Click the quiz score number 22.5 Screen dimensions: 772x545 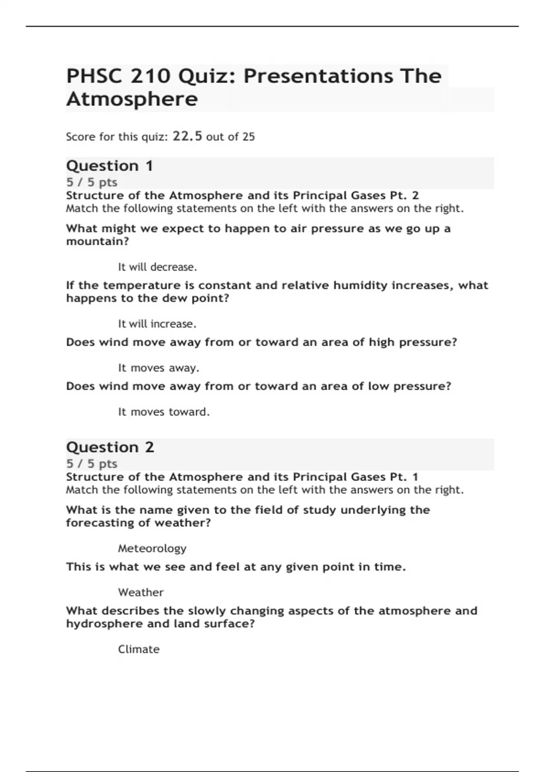pos(187,136)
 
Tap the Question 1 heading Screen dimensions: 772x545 pos(109,166)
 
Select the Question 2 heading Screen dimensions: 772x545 pos(110,447)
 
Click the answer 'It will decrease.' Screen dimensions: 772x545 pos(157,267)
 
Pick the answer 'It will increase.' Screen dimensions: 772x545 pos(157,324)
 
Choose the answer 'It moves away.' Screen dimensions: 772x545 pos(159,368)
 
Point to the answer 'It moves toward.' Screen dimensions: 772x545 pos(163,412)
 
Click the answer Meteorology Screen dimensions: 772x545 pos(152,549)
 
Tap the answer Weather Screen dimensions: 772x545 pos(141,593)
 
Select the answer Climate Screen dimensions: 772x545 pos(139,649)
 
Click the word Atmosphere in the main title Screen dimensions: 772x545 pos(132,99)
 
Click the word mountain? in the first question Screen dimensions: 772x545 pos(98,242)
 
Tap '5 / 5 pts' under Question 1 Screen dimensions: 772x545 pos(92,183)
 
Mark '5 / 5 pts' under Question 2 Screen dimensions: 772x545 pos(92,464)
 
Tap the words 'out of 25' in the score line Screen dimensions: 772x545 pos(230,137)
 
